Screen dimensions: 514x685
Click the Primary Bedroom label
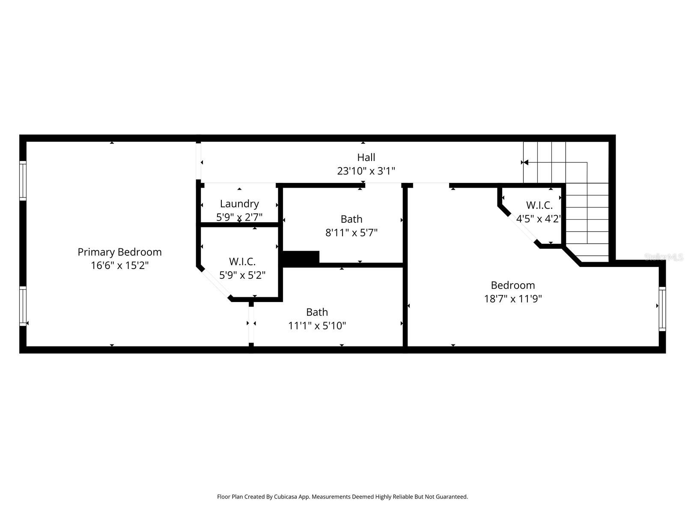coord(119,252)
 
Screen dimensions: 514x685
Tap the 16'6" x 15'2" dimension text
coord(119,266)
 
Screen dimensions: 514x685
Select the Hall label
coord(366,157)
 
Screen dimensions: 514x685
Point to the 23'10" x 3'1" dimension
coord(366,171)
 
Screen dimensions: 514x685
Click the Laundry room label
coord(239,203)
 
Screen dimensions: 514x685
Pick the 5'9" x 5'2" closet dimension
coord(242,275)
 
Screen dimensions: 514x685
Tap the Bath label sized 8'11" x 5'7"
coord(351,219)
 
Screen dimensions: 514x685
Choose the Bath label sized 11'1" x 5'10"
coord(317,312)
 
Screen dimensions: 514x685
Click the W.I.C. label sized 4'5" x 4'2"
coord(539,205)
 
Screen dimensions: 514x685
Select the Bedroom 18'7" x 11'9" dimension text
coord(513,299)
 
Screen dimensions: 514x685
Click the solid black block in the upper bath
coord(301,258)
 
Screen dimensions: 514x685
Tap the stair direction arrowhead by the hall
coord(526,162)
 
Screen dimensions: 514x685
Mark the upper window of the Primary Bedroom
coord(23,180)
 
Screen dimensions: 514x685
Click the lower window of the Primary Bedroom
coord(23,306)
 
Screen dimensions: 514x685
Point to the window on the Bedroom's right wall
coord(662,308)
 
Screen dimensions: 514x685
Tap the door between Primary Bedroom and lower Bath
coord(251,323)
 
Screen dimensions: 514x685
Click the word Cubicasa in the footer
coord(285,497)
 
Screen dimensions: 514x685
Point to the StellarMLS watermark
coord(664,257)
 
